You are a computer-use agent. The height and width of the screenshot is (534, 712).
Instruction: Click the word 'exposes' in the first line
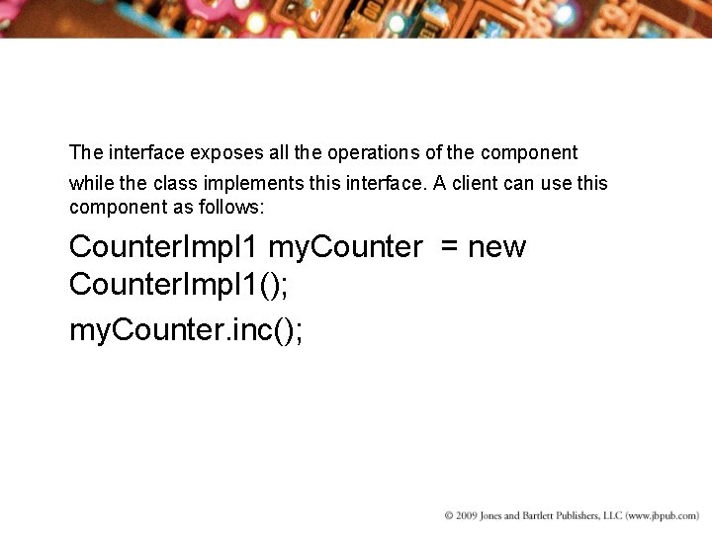(222, 153)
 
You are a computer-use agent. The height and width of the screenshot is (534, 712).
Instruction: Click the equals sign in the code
(450, 247)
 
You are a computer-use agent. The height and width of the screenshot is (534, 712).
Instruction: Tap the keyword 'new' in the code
(497, 247)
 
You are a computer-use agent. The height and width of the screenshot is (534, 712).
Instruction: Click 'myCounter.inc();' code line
(186, 331)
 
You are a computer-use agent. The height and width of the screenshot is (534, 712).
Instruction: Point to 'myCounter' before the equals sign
(345, 247)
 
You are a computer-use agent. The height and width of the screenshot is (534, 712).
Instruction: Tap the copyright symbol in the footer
(449, 516)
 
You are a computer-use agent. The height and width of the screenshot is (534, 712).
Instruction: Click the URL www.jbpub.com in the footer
(662, 516)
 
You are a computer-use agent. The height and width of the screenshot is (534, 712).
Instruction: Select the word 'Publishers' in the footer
(600, 516)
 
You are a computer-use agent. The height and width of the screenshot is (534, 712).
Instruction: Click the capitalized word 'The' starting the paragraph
(86, 153)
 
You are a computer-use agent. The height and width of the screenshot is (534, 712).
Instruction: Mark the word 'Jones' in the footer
(502, 516)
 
